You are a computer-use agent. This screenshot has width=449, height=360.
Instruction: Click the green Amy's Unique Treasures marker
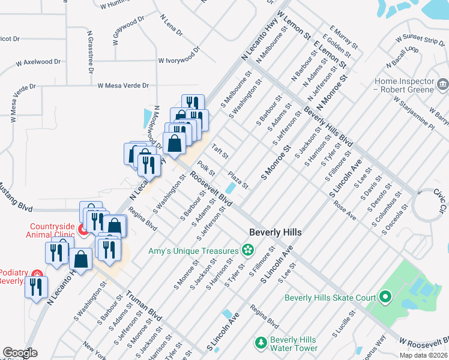pos(247,250)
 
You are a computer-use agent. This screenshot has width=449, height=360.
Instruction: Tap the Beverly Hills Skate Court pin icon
pos(385,297)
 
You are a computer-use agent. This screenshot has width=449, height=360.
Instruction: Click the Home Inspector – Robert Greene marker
pos(443,85)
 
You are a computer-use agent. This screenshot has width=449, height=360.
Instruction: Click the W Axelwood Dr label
pos(38,62)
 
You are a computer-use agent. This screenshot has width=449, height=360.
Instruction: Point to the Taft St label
pos(220,152)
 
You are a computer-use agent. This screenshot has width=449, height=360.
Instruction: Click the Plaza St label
pos(238,179)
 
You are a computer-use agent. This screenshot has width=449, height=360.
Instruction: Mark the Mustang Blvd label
pos(16,199)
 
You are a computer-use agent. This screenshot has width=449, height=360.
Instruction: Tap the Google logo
pos(20,353)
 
